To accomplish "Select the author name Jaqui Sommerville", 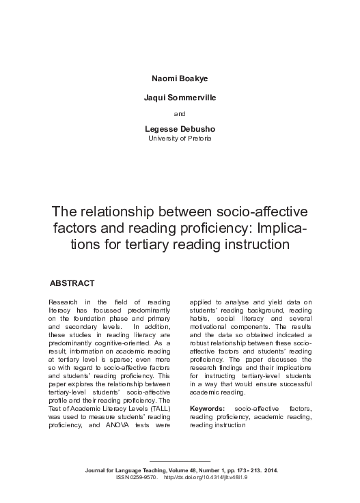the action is click(180, 98).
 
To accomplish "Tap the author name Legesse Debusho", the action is click(180, 129).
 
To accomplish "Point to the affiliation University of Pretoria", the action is click(180, 139).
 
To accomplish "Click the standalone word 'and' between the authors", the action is click(180, 114).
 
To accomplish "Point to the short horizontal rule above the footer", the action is click(180, 463).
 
